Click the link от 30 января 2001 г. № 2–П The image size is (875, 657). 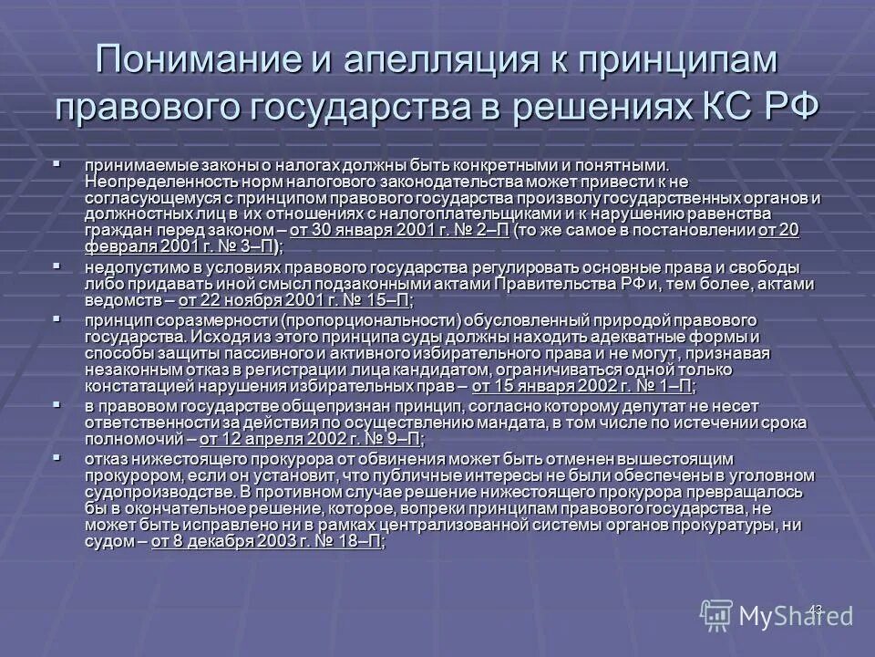pos(399,230)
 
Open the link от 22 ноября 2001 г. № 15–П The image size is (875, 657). pos(293,299)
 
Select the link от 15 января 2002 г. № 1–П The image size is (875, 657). pos(582,386)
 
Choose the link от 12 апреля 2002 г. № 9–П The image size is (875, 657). pos(311,438)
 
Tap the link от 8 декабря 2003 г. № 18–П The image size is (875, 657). pos(266,542)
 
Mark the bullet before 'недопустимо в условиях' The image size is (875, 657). pos(57,267)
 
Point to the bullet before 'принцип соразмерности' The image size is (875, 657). pos(57,319)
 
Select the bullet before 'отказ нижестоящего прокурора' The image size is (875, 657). pos(57,457)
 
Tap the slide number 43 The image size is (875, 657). pos(816,608)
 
